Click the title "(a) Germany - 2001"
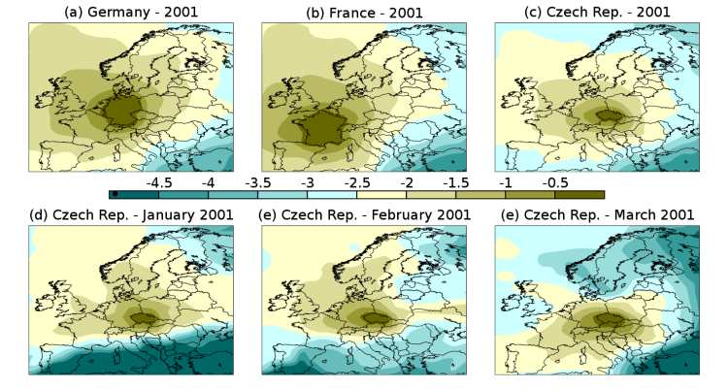point(131,12)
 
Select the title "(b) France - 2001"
point(364,13)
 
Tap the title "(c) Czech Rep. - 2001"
point(597,12)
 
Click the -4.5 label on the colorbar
point(159,183)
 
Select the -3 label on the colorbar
point(308,183)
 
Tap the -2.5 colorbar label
point(357,183)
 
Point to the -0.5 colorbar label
point(555,183)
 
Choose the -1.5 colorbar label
point(456,183)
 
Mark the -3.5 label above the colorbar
point(257,183)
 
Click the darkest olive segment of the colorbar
point(579,195)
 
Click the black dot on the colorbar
point(115,194)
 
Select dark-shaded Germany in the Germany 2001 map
point(123,112)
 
